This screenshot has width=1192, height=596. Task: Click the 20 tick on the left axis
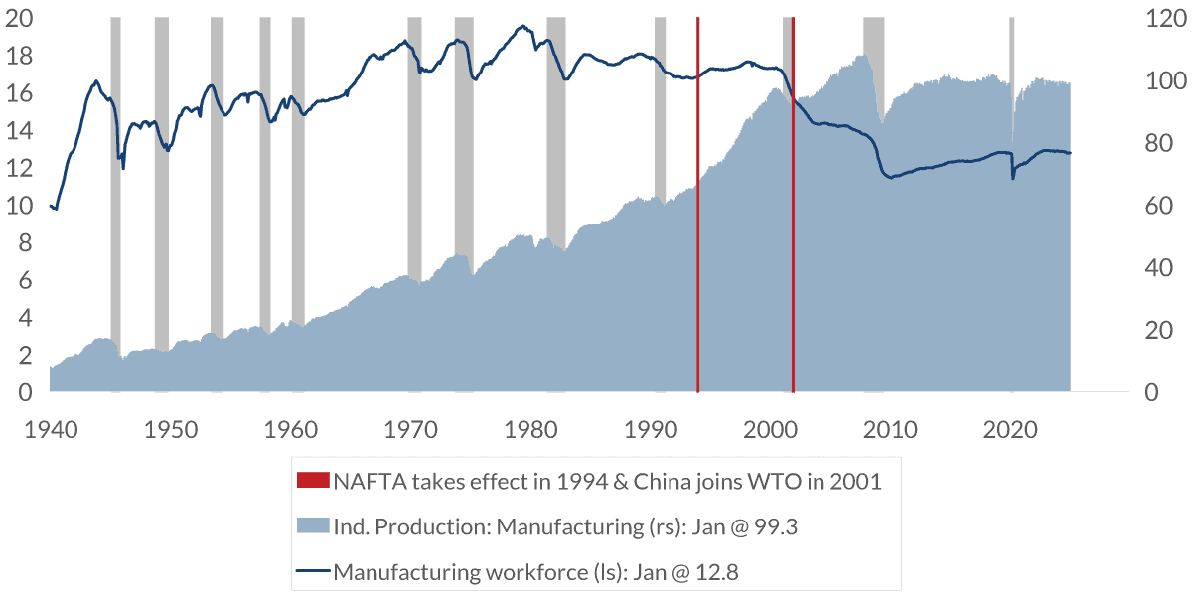point(19,19)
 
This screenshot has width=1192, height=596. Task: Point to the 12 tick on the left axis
point(19,169)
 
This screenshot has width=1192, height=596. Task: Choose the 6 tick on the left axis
point(27,281)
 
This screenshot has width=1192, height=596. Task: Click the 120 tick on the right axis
point(1160,19)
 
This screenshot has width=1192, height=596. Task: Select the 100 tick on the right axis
point(1160,81)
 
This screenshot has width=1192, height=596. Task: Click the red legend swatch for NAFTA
point(313,482)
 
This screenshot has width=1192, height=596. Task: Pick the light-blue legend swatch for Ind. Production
point(313,526)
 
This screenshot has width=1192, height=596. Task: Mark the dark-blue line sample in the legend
point(313,571)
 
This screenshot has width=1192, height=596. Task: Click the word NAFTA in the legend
point(367,482)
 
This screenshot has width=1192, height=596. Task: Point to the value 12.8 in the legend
point(717,571)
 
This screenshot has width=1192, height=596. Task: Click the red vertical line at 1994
point(698,248)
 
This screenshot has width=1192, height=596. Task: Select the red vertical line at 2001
point(793,248)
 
